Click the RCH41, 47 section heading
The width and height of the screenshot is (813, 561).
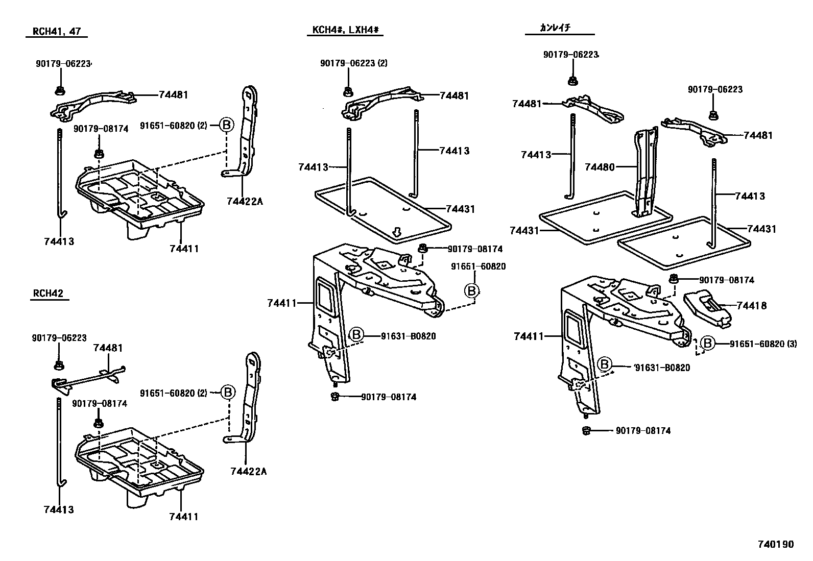[56, 31]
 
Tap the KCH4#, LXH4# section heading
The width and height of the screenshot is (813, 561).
[345, 30]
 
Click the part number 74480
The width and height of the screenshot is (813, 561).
[600, 167]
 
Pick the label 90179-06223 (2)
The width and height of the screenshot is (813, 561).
[354, 63]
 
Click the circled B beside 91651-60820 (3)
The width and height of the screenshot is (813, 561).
[708, 344]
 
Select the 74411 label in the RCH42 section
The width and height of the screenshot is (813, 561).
[183, 517]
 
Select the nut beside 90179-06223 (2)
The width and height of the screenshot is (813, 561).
[348, 92]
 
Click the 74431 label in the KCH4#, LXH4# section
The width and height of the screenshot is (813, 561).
[460, 209]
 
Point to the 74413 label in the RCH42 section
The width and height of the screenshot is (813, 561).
[59, 509]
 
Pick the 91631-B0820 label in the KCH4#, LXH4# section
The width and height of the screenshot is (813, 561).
[408, 336]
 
